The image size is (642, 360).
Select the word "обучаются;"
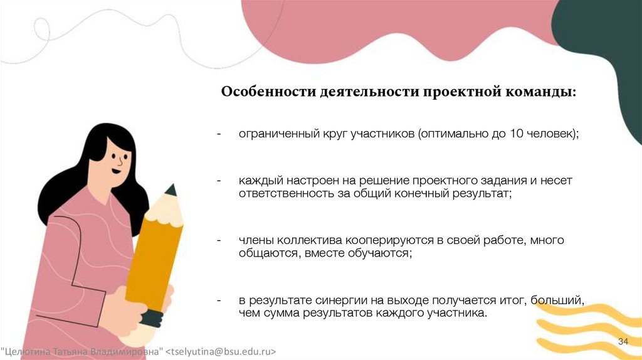tap(381, 253)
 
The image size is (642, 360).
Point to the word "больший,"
tap(557, 300)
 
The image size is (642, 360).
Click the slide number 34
tap(623, 341)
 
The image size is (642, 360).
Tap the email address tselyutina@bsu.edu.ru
tap(222, 350)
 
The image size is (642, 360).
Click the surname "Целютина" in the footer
tap(24, 350)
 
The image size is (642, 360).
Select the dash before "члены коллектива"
tap(219, 240)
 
